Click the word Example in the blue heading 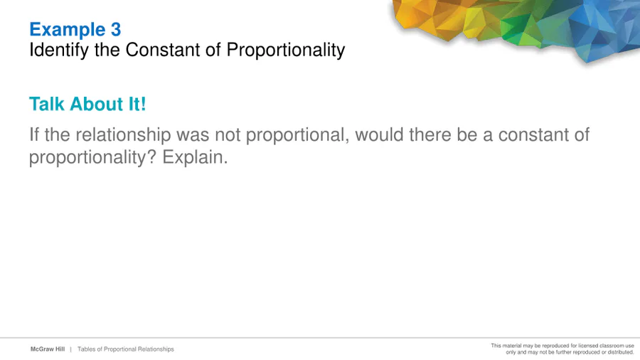[68, 30]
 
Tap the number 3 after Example [116, 29]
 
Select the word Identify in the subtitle [59, 51]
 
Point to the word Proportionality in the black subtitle [286, 51]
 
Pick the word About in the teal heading [97, 104]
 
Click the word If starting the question [34, 134]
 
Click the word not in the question [228, 134]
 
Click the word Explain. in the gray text [195, 157]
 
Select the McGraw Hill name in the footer [48, 349]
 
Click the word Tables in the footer [87, 349]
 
